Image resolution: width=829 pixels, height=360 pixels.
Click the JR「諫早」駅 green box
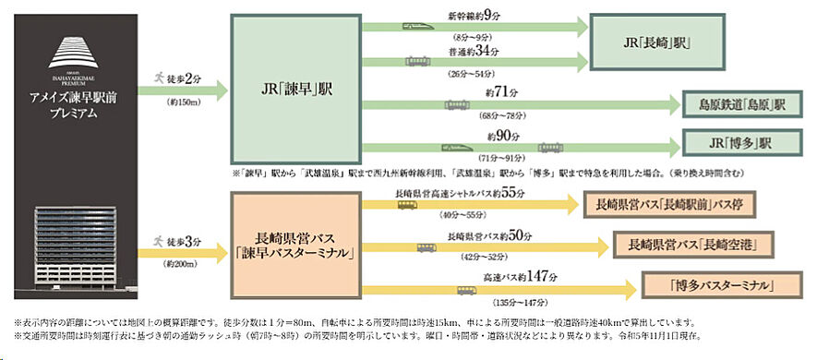[x=294, y=91]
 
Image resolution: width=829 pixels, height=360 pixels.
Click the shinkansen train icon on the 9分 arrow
[x=412, y=27]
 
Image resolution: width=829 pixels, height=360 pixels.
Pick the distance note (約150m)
[x=181, y=102]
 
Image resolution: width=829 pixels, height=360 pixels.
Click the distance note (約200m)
[x=181, y=263]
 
